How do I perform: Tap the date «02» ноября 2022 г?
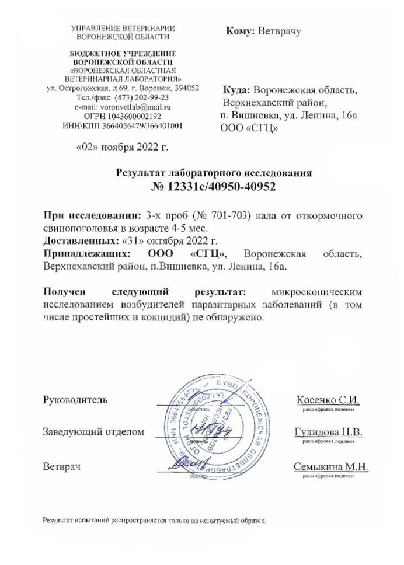(121, 147)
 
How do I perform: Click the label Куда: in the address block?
(235, 92)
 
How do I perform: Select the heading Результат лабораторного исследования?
(215, 173)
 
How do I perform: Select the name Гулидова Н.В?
(328, 433)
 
